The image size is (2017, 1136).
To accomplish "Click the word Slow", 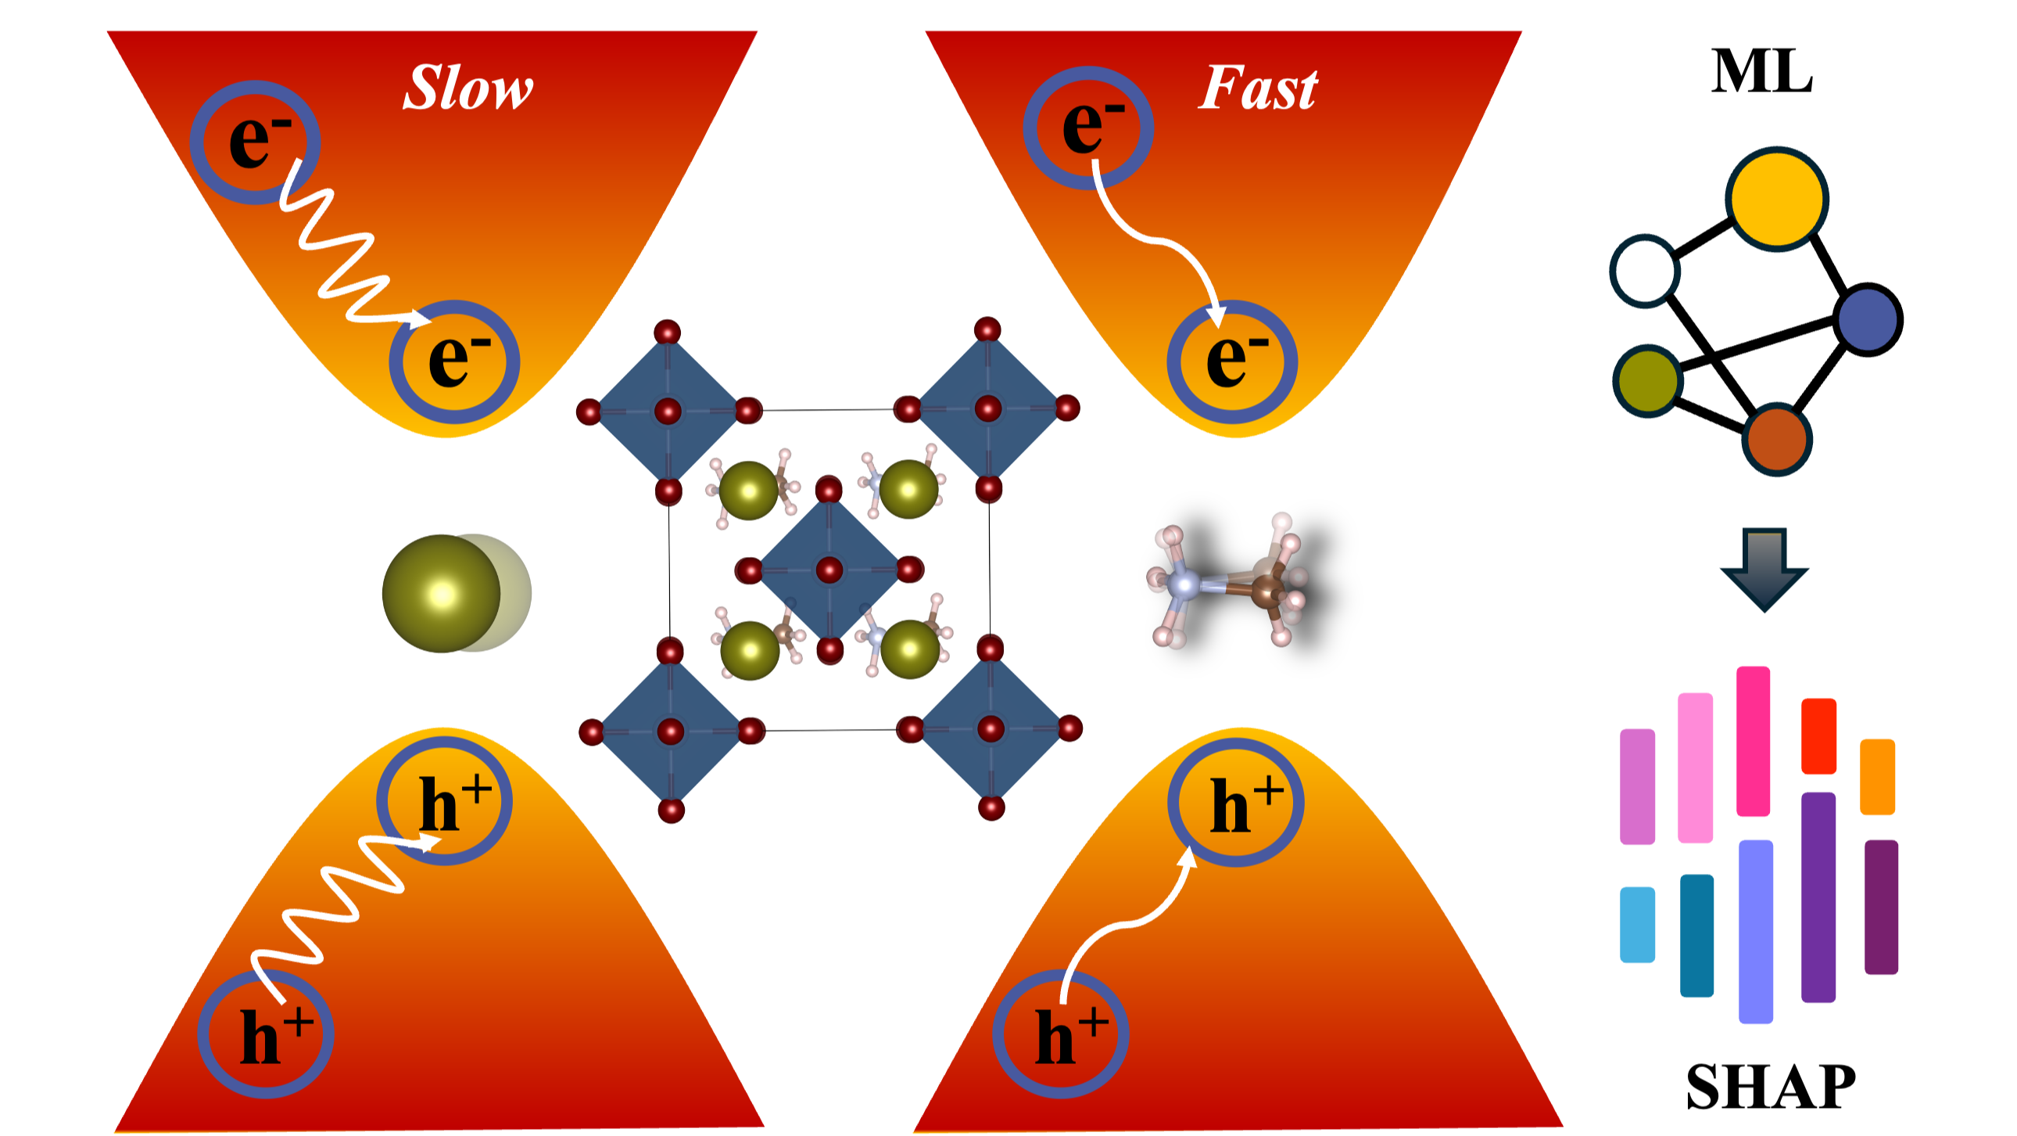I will (468, 87).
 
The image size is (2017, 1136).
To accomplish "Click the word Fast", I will (1257, 87).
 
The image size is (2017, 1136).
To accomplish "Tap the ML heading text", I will (1761, 72).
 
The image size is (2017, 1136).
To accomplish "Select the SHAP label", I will (1770, 1087).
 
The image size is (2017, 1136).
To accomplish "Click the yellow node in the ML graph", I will (1777, 199).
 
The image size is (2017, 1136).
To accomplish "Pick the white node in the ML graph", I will (1644, 270).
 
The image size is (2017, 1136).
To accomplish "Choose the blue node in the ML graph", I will (1868, 319).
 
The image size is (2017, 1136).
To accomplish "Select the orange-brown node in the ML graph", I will (1776, 439).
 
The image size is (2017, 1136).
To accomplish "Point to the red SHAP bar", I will (1818, 735).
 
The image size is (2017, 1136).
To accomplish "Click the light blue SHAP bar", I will (1636, 924).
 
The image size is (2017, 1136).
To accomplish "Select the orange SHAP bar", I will (1877, 775).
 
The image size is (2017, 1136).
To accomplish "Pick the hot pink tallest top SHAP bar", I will (1752, 740).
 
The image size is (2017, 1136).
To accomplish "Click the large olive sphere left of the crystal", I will (442, 593).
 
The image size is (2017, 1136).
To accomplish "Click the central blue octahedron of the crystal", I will (829, 570).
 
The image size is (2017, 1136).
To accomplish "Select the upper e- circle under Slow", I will (256, 142).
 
